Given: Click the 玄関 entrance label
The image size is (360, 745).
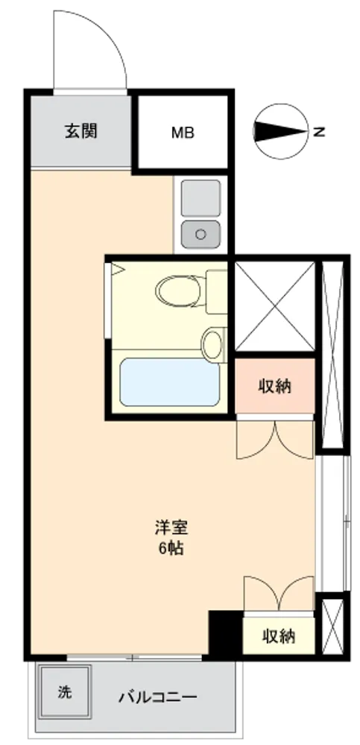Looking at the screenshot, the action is coord(80,130).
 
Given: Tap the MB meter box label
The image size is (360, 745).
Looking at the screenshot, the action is coord(183,133).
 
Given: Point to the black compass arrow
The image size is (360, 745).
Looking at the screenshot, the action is coord(280,132).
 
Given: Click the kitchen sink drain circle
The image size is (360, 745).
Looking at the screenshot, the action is coord(200,234).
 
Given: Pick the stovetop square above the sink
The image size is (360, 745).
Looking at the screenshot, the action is coord(201,198).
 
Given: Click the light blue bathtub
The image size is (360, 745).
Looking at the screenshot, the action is coord(170,382).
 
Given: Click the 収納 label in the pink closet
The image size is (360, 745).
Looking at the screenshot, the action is coord(274,387).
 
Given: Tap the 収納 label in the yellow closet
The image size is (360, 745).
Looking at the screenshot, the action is coord(280,636).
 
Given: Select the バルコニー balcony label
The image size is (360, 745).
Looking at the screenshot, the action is coord(157,697).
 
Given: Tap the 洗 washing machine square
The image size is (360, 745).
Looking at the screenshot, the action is coord(65,692).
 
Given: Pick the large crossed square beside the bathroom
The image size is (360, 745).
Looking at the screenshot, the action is coord(274,306).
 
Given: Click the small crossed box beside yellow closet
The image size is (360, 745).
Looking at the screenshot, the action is coord(332,627).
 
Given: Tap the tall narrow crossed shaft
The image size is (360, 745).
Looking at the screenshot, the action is coord(332,355).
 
